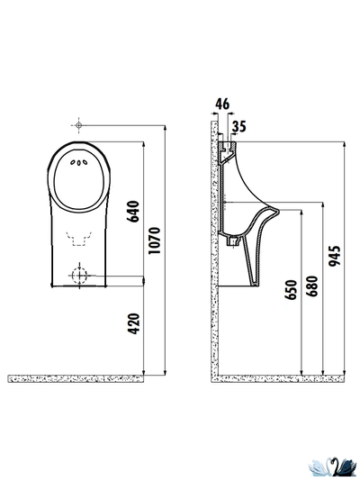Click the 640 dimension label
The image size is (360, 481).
coord(134,212)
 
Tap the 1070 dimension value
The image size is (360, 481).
coord(154,240)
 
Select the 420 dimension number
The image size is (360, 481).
coord(134,323)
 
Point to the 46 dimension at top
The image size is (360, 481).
coord(222,104)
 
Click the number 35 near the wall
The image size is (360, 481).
coord(238,126)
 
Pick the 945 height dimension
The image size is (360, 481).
coord(334,256)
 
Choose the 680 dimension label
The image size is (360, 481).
coord(312,286)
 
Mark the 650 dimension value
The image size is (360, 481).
coord(291,290)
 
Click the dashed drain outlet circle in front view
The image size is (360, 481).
coord(79,275)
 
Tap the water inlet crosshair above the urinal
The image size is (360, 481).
coord(78,125)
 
